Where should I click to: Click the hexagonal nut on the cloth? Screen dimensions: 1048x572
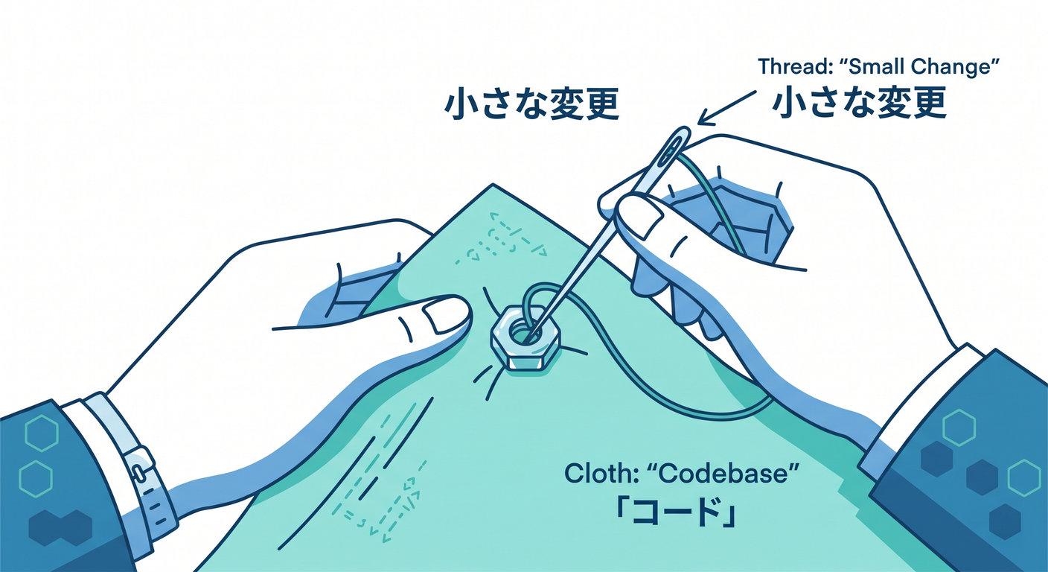[x=525, y=337]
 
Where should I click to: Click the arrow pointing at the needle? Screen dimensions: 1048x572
[x=727, y=108]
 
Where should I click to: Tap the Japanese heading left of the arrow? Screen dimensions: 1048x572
[x=531, y=104]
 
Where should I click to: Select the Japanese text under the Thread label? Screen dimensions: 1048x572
[x=859, y=101]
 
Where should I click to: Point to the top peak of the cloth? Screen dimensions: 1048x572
[x=493, y=184]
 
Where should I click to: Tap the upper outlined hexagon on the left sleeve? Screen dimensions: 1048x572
[x=42, y=433]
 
